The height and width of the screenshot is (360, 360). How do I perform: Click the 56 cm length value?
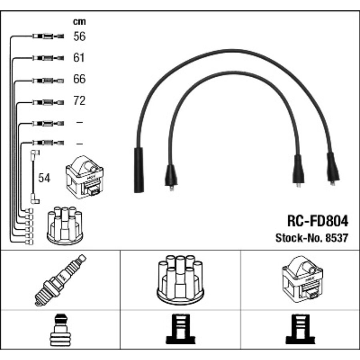[x=79, y=37]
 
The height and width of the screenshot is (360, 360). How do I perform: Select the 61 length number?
[x=79, y=58]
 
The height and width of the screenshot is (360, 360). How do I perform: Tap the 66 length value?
[x=79, y=79]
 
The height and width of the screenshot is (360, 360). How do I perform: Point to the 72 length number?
[x=79, y=101]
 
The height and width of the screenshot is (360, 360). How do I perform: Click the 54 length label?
[x=44, y=178]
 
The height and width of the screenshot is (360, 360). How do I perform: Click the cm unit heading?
[x=79, y=22]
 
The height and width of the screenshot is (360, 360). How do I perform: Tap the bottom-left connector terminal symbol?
[x=60, y=330]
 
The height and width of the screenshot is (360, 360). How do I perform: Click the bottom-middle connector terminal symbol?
[x=180, y=330]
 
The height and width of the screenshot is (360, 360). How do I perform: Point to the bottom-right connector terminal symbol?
[x=300, y=330]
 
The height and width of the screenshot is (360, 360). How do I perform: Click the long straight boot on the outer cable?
[x=138, y=170]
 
